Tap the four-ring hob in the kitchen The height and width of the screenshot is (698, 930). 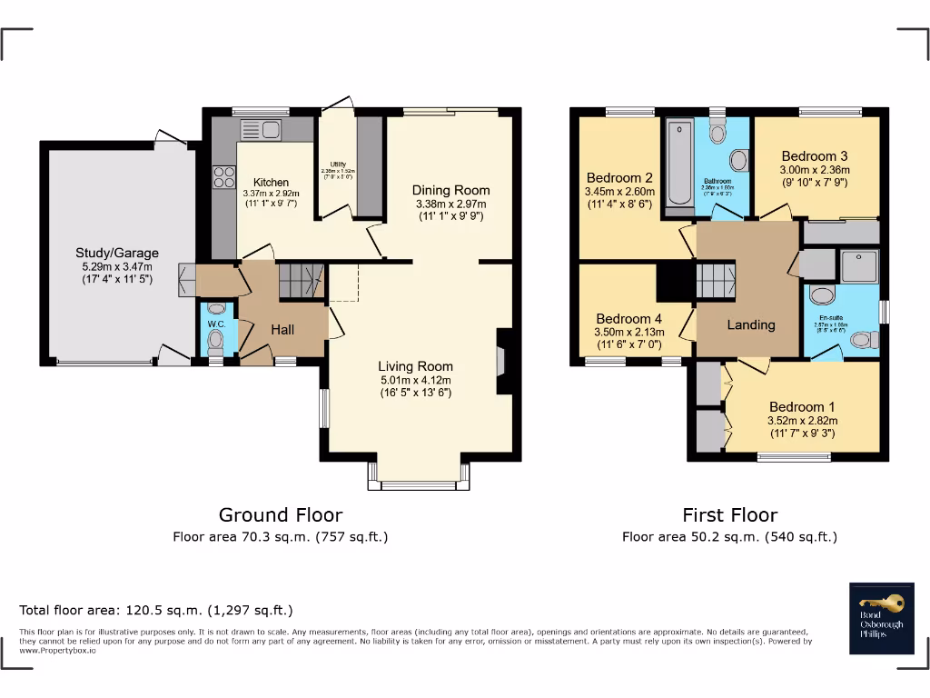[x=223, y=175]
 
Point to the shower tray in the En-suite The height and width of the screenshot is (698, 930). [x=857, y=265]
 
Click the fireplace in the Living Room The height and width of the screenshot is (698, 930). [x=503, y=361]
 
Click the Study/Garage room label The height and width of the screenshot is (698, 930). [x=116, y=253]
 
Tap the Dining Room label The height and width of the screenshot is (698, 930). [x=450, y=190]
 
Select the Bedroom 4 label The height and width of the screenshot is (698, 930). [x=628, y=319]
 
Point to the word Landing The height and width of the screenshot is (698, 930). [x=751, y=324]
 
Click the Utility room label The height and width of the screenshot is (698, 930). [x=337, y=165]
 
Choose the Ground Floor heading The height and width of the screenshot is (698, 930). [x=281, y=515]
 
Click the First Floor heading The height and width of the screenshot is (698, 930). [x=729, y=515]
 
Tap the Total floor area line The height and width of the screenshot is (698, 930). [x=156, y=610]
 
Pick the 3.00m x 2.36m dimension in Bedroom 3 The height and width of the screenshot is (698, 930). [x=815, y=169]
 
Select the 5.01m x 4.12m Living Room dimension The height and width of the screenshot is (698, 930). [x=414, y=380]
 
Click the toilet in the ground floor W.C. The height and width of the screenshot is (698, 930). [x=215, y=342]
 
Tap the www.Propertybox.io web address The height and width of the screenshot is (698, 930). [x=57, y=650]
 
